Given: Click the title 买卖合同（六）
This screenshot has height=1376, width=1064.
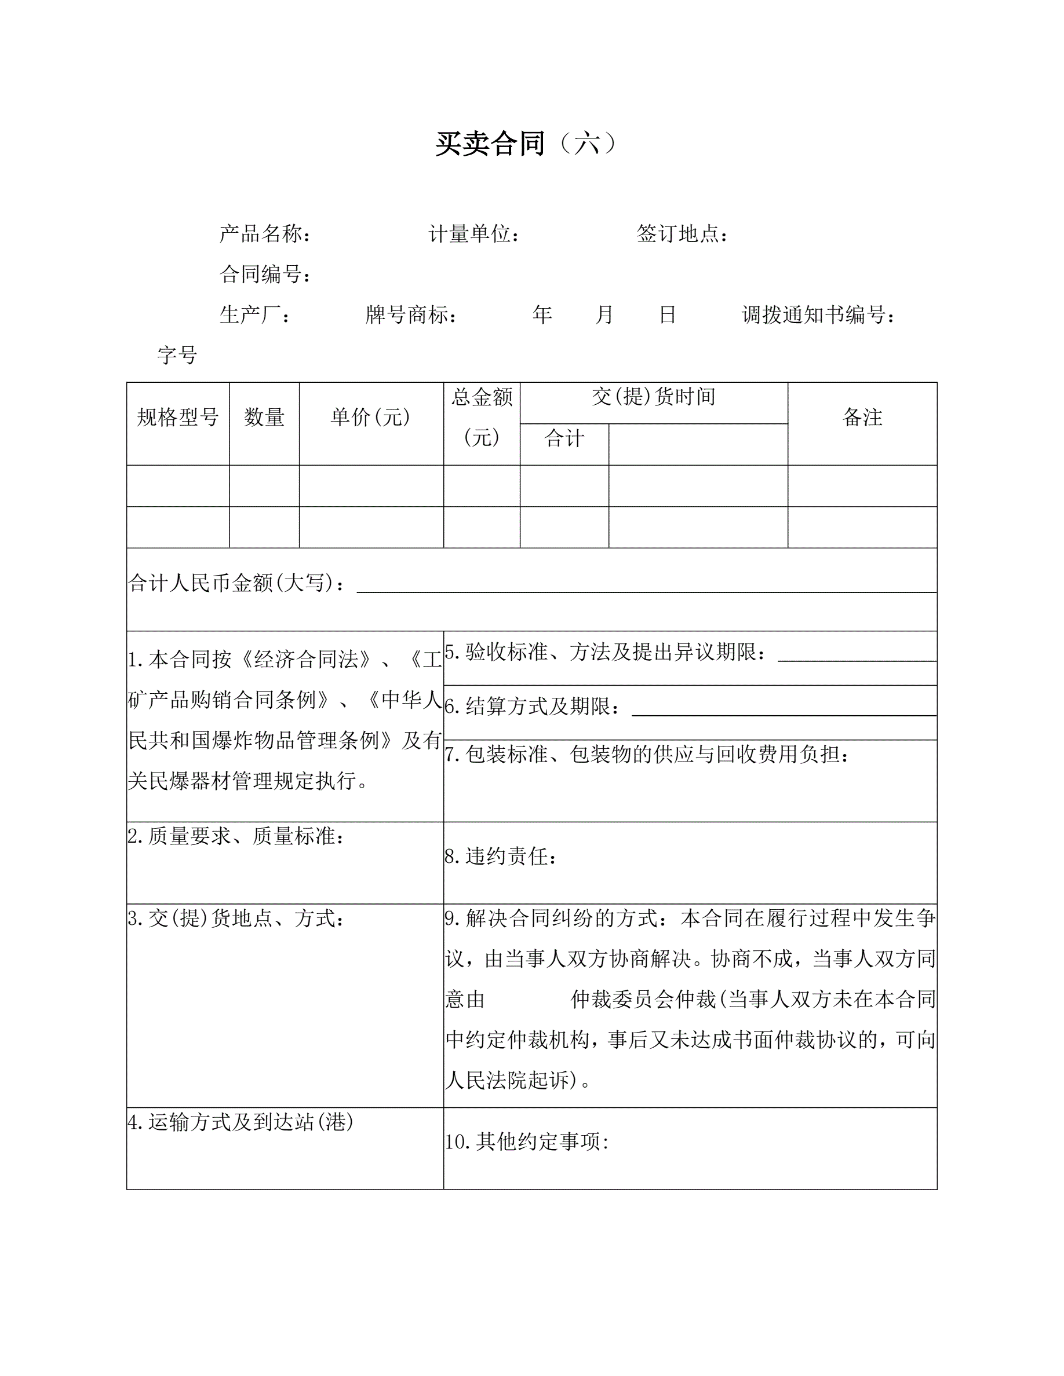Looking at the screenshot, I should [526, 144].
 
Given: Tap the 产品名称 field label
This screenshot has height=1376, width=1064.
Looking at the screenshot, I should [264, 235].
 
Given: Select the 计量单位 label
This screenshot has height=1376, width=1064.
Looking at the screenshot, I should [473, 235].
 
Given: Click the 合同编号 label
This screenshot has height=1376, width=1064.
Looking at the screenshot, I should [264, 274].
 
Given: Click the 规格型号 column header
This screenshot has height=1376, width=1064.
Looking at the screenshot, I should [178, 417].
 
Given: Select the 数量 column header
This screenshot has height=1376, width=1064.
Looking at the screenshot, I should [264, 417].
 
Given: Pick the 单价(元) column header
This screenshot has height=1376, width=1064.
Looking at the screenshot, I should [371, 417].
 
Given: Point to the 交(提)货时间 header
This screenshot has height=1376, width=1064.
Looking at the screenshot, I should [654, 397].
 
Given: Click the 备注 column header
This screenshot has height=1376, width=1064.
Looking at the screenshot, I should [862, 417].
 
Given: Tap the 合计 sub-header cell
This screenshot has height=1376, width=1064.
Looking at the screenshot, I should [564, 438].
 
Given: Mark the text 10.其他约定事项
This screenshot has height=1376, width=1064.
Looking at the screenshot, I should [527, 1141].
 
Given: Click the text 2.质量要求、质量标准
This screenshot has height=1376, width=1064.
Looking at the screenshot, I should [236, 837].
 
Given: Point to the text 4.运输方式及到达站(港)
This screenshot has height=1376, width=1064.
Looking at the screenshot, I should [240, 1122].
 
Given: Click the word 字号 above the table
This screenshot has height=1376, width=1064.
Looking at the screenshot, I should [177, 356].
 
